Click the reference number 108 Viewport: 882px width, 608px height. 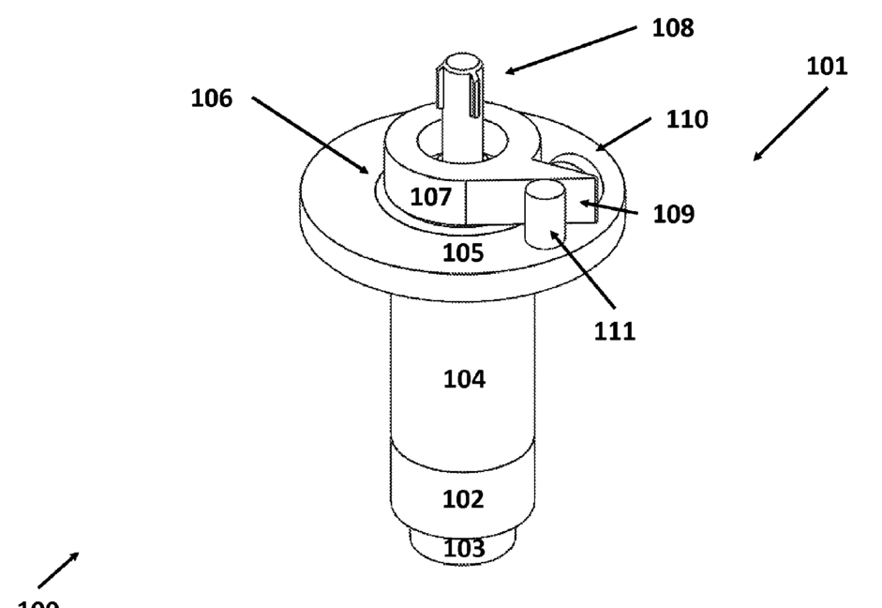(673, 29)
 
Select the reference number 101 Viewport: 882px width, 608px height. (827, 67)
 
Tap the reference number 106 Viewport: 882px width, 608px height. (212, 99)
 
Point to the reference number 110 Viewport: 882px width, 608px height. (687, 120)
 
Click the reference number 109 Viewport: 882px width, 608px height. (674, 214)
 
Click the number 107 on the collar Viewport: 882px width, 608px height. (432, 198)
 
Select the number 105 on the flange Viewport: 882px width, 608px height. (463, 252)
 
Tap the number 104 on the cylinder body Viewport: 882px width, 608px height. (464, 380)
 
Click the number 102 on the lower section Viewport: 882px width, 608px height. (463, 499)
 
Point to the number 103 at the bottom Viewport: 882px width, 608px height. (464, 548)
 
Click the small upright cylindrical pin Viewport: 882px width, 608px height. (543, 215)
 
